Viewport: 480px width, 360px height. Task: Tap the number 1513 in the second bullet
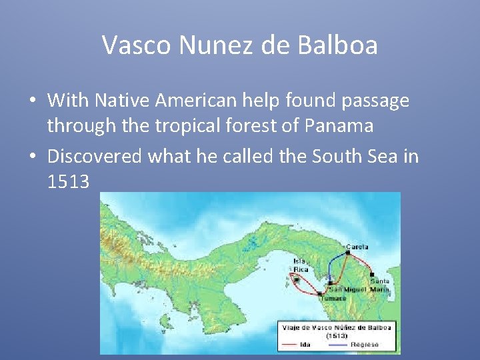[68, 181]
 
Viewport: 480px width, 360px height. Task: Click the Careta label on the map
[356, 247]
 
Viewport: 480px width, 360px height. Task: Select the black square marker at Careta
[348, 253]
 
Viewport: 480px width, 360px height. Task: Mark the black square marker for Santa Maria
[371, 274]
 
